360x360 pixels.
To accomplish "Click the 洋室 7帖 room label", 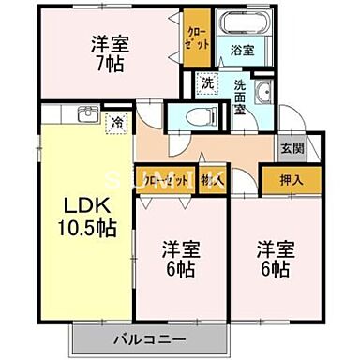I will (110, 53).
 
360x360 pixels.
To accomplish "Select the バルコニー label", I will (150, 340).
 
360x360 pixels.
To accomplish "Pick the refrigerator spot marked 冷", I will (117, 120).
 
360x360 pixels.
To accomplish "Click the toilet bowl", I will (194, 116).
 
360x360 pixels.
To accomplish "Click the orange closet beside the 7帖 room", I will (196, 37).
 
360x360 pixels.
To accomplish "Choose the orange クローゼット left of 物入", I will (162, 175).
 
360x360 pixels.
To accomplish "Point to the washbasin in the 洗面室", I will (262, 91).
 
